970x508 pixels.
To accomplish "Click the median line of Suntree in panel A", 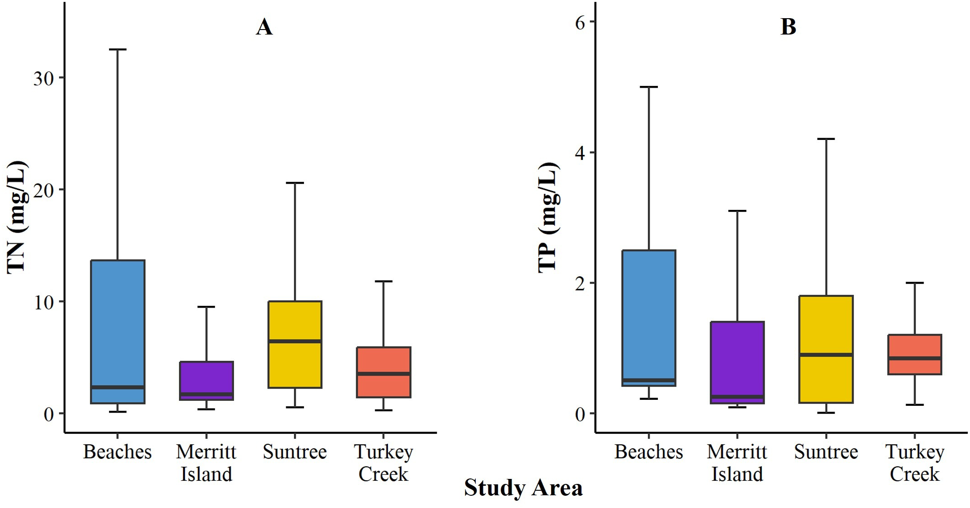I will (x=295, y=341).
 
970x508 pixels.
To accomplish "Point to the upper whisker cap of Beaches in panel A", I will (x=118, y=50).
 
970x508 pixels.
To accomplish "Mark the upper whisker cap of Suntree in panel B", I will (x=826, y=139).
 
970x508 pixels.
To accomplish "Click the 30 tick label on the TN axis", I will (x=44, y=79).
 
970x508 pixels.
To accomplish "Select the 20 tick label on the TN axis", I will (x=44, y=190).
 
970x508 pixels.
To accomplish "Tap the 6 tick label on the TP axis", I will (x=580, y=22).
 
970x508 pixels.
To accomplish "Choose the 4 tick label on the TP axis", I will (x=580, y=153).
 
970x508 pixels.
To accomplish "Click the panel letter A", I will (x=264, y=27).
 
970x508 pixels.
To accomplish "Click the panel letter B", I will (x=788, y=27).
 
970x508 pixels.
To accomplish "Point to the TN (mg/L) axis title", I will (x=17, y=217).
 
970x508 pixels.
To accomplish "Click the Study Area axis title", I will (x=523, y=488).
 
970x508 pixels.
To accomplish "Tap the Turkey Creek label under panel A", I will (x=383, y=463).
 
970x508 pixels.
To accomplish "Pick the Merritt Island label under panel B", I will (x=737, y=463).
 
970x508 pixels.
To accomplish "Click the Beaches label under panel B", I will (x=648, y=452).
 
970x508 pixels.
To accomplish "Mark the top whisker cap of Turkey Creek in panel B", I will (x=915, y=283).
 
